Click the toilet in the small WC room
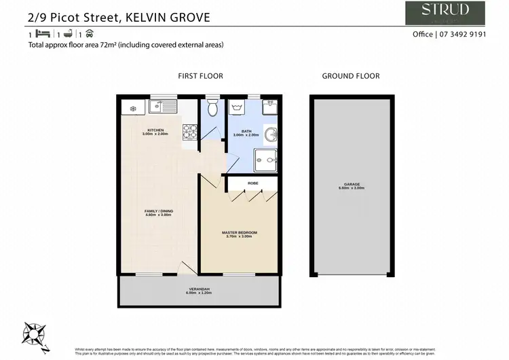click(212, 108)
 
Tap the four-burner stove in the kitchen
click(189, 130)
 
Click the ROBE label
click(252, 183)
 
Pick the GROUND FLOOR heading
click(350, 76)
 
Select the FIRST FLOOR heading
click(200, 76)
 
